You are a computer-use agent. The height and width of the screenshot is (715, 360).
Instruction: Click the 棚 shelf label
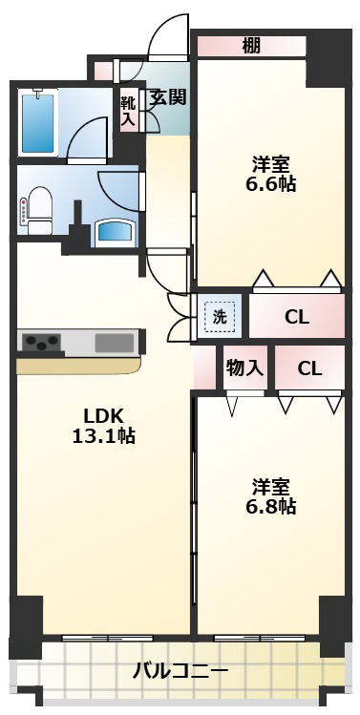(250, 45)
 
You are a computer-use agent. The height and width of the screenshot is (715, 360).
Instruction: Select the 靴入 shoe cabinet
(127, 110)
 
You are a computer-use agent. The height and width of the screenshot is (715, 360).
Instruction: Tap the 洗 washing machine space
(220, 317)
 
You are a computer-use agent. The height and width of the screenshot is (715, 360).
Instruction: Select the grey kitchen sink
(114, 341)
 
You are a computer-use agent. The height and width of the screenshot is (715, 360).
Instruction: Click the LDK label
(102, 416)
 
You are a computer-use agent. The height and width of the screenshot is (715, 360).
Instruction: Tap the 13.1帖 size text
(102, 437)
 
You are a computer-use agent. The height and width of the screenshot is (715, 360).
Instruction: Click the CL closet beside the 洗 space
(296, 317)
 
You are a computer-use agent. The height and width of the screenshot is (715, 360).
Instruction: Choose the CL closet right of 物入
(308, 368)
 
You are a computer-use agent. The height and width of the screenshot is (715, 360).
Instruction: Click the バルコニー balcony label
(180, 672)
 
